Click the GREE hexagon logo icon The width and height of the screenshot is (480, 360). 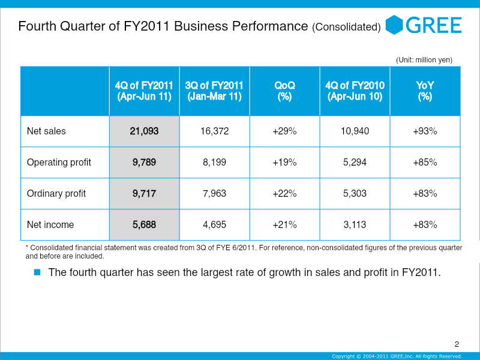coord(394,25)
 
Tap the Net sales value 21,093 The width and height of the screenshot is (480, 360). coord(144,131)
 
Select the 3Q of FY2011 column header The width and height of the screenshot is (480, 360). coord(214,91)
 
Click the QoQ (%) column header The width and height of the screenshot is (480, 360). coord(284,91)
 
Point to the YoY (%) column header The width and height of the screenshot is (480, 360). coord(425,91)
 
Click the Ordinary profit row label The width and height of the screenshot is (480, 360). coord(56,193)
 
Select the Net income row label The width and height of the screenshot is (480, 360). coord(50,224)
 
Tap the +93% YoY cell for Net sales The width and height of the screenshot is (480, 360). coord(425,131)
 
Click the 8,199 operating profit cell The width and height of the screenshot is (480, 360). coord(214,162)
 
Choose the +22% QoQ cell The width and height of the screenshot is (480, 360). coord(284,193)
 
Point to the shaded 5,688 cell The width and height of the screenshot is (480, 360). coord(144,224)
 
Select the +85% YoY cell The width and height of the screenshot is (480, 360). coord(425,162)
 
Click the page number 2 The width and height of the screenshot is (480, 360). coord(457,344)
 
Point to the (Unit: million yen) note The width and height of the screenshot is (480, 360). coord(424,59)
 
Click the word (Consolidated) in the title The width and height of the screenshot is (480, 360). coord(346,28)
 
